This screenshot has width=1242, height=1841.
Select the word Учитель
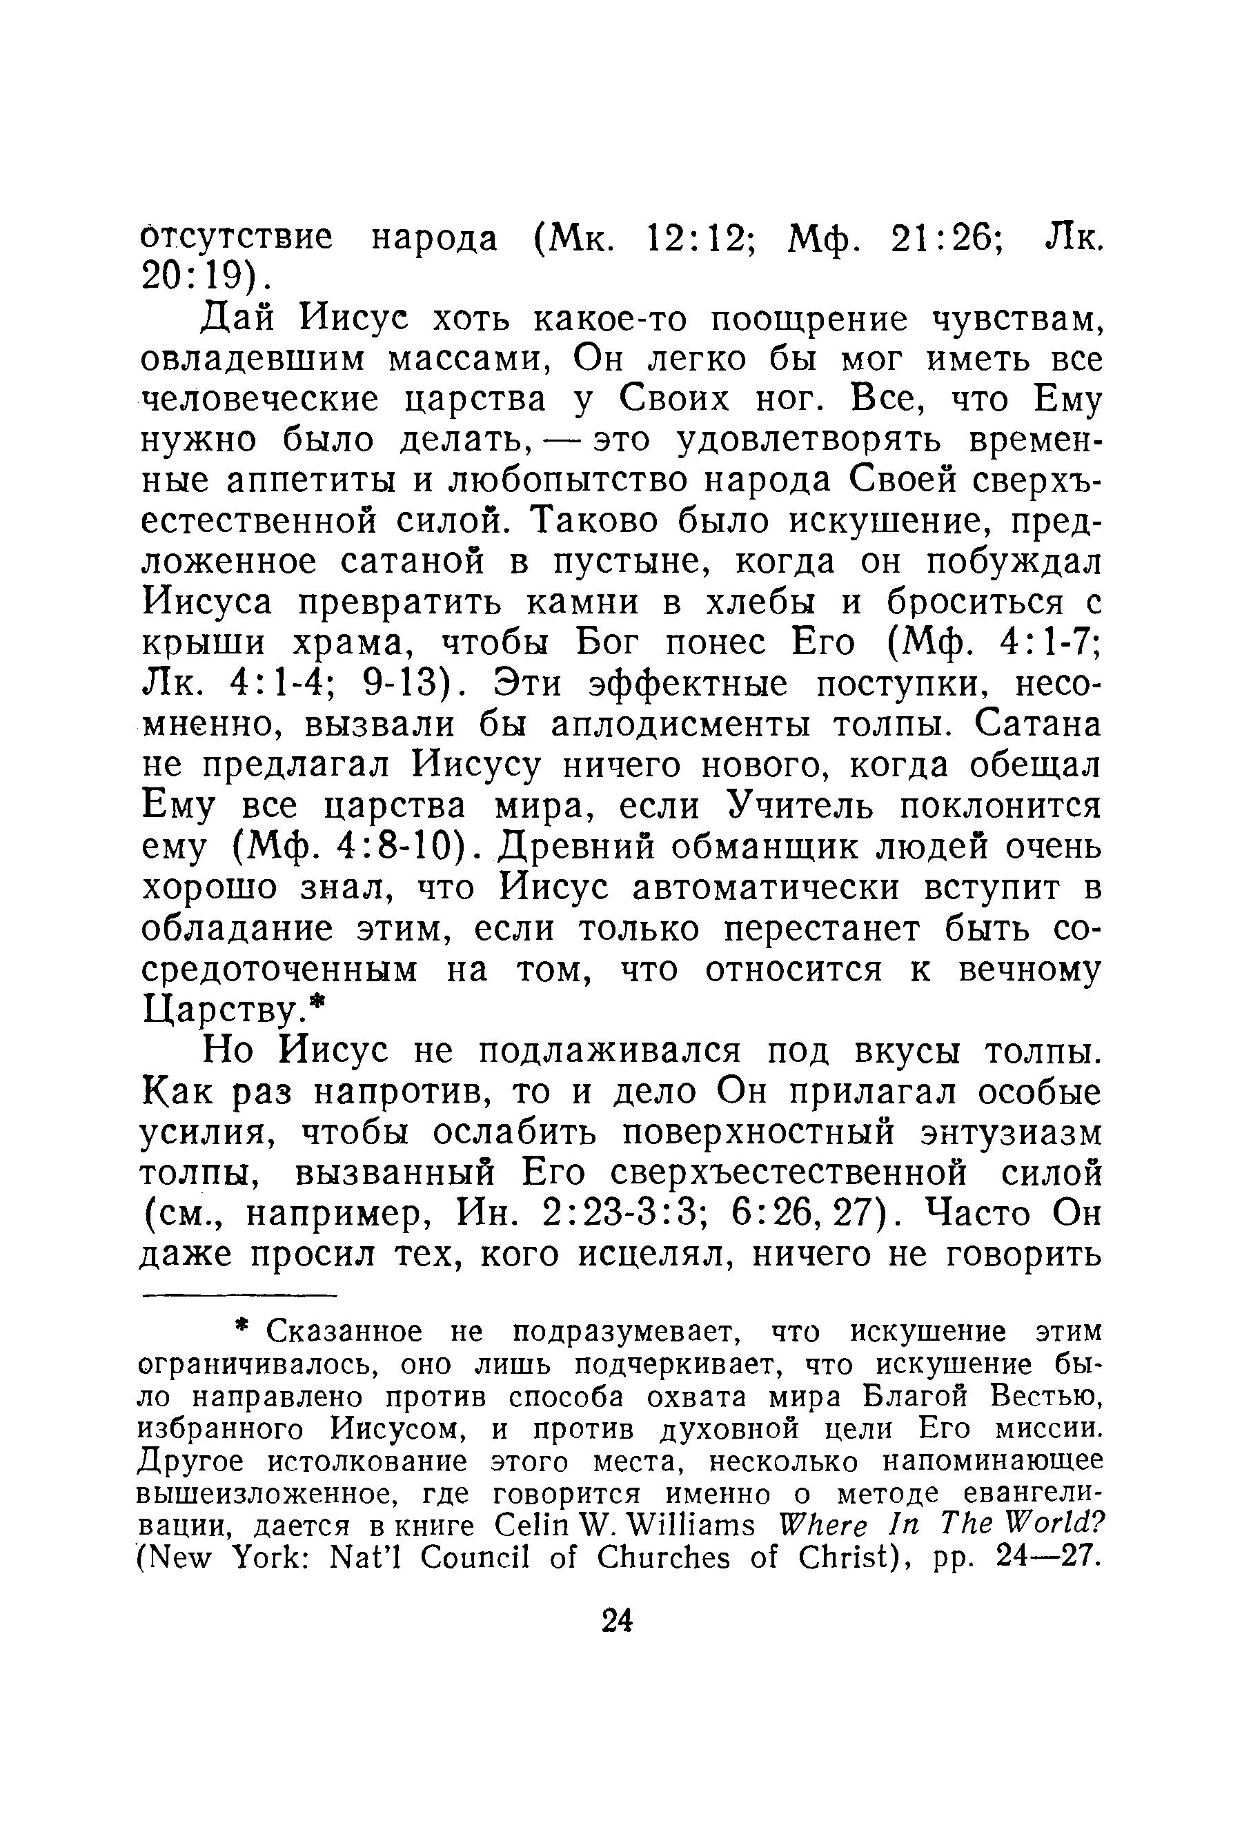tap(802, 807)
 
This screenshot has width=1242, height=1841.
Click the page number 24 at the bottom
tap(617, 1621)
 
